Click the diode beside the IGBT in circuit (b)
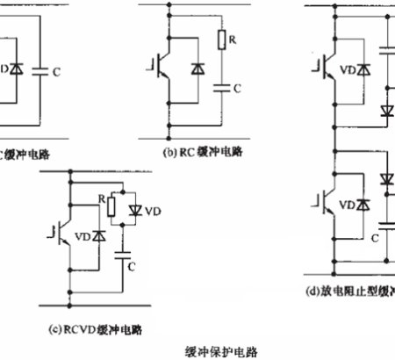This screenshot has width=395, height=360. (x=197, y=67)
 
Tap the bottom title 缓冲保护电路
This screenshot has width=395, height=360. (x=222, y=349)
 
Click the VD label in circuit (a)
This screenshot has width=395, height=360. (x=6, y=67)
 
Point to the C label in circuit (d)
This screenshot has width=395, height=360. (x=374, y=237)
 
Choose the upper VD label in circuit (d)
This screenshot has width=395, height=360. (x=350, y=67)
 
